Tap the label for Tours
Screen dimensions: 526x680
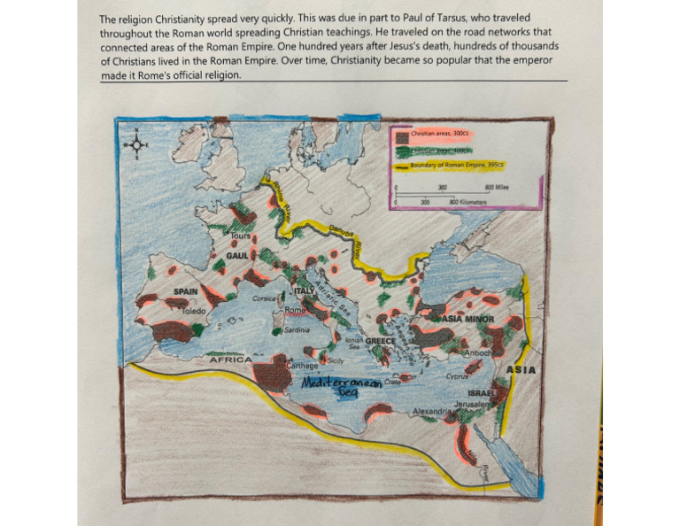241,237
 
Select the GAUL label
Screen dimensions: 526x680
236,255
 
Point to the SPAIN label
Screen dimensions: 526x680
185,290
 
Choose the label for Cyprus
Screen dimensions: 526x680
457,376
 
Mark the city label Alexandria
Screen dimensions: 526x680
434,412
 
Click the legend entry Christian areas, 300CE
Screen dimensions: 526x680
443,133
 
